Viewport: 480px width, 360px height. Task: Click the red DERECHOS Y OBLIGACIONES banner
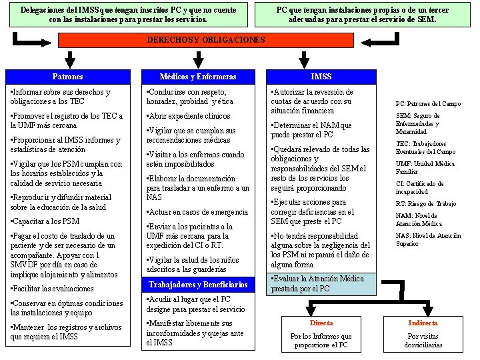pos(206,40)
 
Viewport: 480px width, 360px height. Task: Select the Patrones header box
pos(67,77)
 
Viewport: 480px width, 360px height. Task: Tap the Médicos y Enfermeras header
pos(198,77)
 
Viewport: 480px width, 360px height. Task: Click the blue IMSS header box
pos(321,77)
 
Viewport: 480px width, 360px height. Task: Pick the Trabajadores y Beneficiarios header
pos(198,285)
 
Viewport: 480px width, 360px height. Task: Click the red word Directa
pos(321,323)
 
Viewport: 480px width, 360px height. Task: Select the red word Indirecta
pos(423,323)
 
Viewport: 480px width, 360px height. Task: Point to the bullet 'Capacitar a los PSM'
pos(45,221)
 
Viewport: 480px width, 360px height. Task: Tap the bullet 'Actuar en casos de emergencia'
pos(197,212)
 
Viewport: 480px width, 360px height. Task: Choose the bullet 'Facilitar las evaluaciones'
pos(53,289)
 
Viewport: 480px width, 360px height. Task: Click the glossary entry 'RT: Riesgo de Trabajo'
pos(425,203)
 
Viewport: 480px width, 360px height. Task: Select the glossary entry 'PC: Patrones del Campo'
pos(428,104)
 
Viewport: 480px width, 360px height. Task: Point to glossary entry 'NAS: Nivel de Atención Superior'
pos(428,239)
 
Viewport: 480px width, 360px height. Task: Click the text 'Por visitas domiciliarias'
pos(423,341)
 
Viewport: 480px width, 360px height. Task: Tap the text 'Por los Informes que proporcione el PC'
pos(321,341)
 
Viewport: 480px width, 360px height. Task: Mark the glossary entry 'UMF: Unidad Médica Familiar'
pos(425,167)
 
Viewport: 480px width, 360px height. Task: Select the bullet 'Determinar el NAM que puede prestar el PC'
pos(311,130)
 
